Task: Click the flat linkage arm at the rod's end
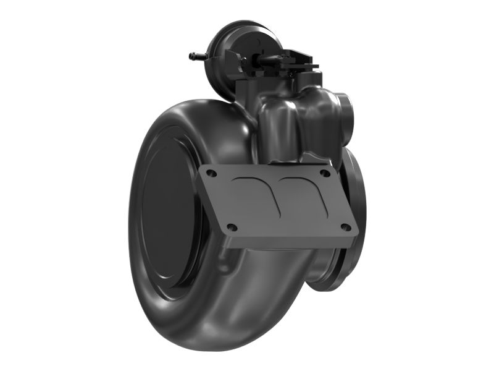303,64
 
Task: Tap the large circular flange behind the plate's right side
357,185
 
